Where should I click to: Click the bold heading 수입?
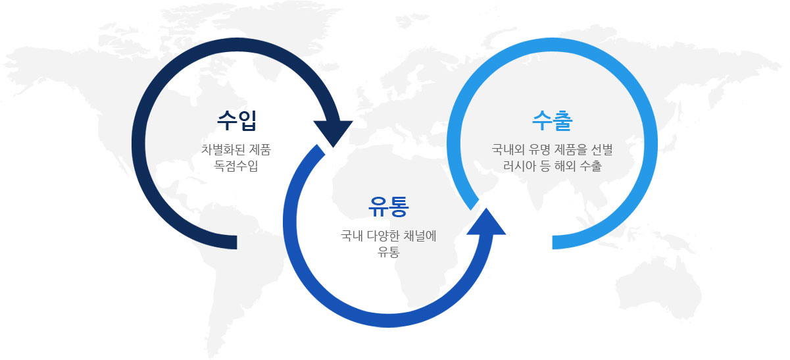[237, 120]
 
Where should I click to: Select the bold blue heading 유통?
[388, 207]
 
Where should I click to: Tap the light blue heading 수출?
[553, 120]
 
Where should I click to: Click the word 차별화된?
[223, 149]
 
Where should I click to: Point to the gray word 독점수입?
[236, 166]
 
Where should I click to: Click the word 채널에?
[420, 236]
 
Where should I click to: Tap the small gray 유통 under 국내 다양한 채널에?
[388, 251]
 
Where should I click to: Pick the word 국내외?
[508, 149]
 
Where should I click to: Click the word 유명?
[539, 149]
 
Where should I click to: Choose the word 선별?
[602, 149]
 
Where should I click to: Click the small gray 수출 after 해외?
[591, 166]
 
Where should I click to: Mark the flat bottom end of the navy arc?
[237, 242]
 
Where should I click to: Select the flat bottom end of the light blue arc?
[553, 242]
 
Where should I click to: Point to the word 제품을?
[571, 149]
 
